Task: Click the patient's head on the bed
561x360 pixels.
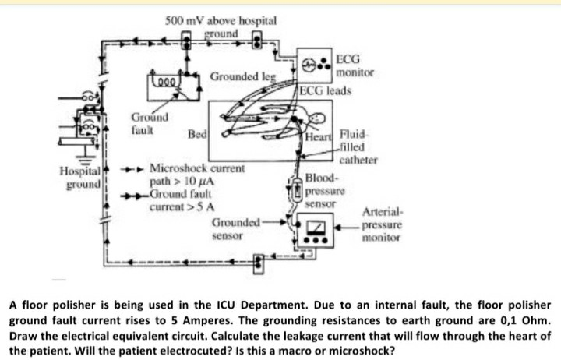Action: click(x=314, y=119)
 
